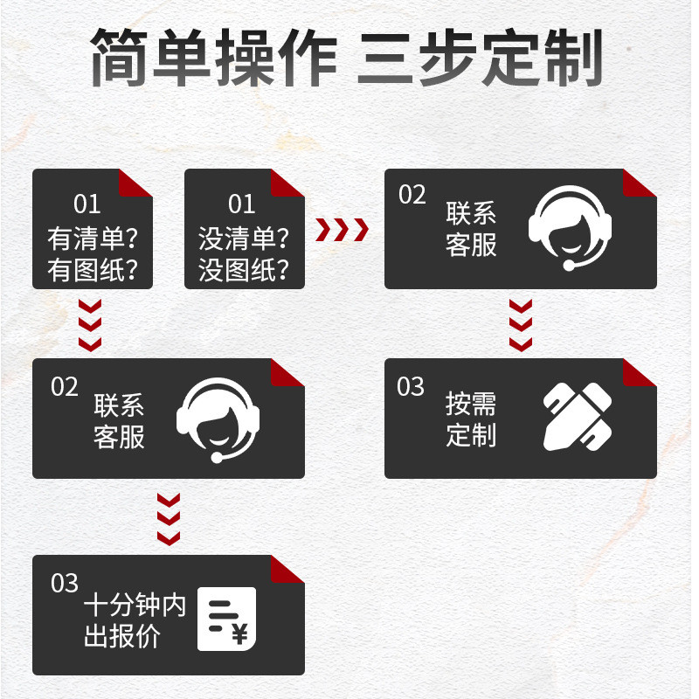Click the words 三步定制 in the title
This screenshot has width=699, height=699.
pyautogui.click(x=481, y=59)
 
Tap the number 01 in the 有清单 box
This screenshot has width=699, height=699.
pyautogui.click(x=87, y=204)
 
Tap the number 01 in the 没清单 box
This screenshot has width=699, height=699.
pyautogui.click(x=241, y=204)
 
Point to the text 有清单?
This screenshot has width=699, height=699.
pyautogui.click(x=93, y=238)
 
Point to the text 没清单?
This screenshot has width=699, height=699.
pyautogui.click(x=245, y=238)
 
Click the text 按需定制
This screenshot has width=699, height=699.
pyautogui.click(x=471, y=419)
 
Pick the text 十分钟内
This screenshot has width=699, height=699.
pyautogui.click(x=135, y=606)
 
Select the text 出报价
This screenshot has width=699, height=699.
pyautogui.click(x=122, y=636)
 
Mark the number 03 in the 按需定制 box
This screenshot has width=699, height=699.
pyautogui.click(x=411, y=386)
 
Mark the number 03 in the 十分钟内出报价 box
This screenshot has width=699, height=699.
pyautogui.click(x=65, y=583)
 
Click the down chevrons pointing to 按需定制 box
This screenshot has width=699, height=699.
pyautogui.click(x=521, y=324)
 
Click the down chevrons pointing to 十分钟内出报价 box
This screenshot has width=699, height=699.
pyautogui.click(x=169, y=519)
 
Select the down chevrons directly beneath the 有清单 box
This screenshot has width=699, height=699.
pyautogui.click(x=90, y=324)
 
